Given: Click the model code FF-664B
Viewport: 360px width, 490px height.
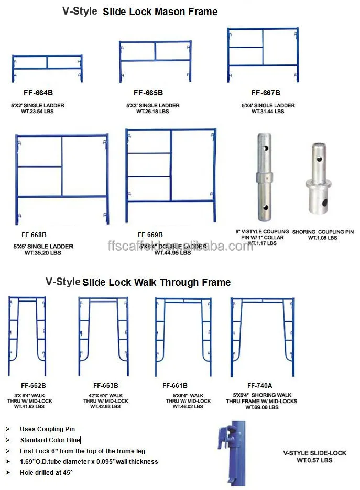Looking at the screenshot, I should [x=39, y=93].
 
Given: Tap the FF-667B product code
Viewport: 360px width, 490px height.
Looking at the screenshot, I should [x=265, y=93].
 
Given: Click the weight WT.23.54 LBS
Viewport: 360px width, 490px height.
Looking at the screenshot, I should [x=38, y=111].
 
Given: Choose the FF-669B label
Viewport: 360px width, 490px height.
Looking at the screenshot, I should [x=150, y=235].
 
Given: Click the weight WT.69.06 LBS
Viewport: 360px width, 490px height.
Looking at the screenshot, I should [x=262, y=407].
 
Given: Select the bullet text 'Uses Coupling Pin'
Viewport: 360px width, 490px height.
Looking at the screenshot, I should [x=48, y=429].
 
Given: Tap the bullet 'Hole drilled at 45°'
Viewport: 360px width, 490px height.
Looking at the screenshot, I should [x=47, y=473].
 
